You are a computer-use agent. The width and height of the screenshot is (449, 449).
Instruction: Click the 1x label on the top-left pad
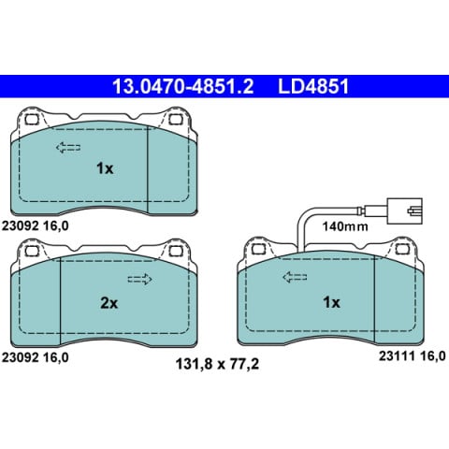point(105,168)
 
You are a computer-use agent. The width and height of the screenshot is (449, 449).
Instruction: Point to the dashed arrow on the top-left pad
point(68,146)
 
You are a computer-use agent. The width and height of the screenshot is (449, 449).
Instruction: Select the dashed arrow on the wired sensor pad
point(296,277)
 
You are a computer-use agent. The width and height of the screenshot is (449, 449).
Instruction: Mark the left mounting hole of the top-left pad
point(31,120)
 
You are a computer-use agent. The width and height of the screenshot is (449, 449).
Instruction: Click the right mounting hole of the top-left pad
point(177,120)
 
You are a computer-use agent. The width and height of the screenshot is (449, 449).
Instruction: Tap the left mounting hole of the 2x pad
point(31,252)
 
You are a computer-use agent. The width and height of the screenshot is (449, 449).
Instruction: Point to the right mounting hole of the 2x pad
point(177,252)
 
